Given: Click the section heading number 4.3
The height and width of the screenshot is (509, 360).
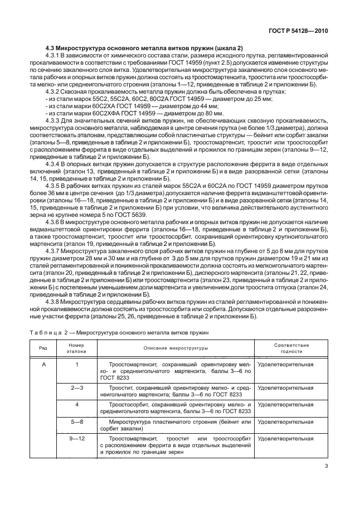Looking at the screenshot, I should [x=51, y=49].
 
